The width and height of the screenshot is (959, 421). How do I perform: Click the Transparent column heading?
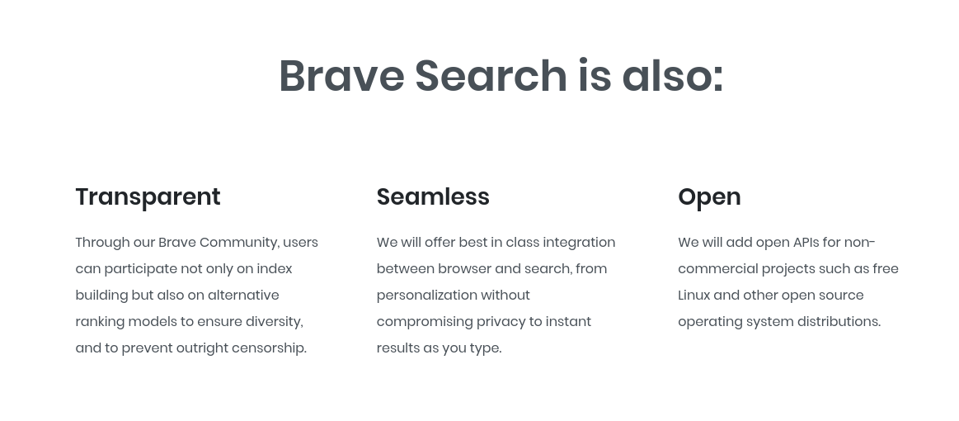pos(148,197)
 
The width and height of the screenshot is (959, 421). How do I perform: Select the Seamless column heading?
pos(433,197)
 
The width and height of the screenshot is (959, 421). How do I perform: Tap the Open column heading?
pos(709,197)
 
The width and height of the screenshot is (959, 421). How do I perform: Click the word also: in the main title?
pos(673,75)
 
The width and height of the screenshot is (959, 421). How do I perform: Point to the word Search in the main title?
pos(491,75)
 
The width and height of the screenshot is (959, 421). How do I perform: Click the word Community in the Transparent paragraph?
pos(239,243)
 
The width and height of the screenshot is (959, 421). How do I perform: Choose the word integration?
pos(579,243)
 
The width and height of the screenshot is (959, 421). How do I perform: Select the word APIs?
pos(806,243)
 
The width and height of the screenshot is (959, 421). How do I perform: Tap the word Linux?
pos(694,296)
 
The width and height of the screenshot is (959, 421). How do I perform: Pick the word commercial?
pos(717,269)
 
